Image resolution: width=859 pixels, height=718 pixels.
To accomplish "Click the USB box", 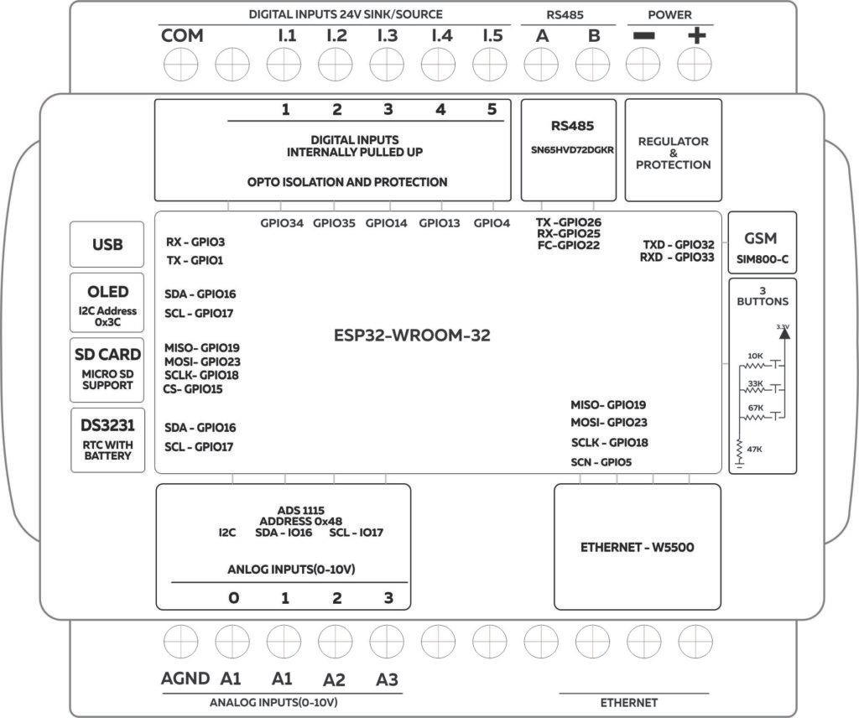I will click(x=107, y=245).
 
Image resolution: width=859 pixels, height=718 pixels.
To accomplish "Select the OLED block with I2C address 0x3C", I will click(x=107, y=303).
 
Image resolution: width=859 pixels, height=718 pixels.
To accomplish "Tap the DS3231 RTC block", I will click(x=107, y=439).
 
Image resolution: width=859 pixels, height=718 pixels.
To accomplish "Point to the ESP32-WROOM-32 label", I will click(x=411, y=336).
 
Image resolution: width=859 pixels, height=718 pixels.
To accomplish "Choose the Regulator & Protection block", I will click(x=673, y=151).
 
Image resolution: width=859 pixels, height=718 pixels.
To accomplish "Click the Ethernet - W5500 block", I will click(x=637, y=547).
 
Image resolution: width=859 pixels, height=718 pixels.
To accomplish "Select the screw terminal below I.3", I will click(x=386, y=62).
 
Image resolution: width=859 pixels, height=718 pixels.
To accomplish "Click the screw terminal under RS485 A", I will click(x=540, y=62).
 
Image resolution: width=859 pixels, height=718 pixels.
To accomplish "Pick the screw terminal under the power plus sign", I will click(x=694, y=62).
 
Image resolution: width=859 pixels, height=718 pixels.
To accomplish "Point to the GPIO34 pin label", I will click(x=282, y=223).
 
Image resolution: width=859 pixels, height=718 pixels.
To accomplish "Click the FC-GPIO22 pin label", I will click(x=568, y=245).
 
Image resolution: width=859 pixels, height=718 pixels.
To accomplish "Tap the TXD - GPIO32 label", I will click(x=678, y=244).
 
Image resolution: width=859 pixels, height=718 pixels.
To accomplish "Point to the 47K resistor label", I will click(x=755, y=450).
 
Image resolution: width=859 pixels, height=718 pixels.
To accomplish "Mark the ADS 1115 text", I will click(x=300, y=509).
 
